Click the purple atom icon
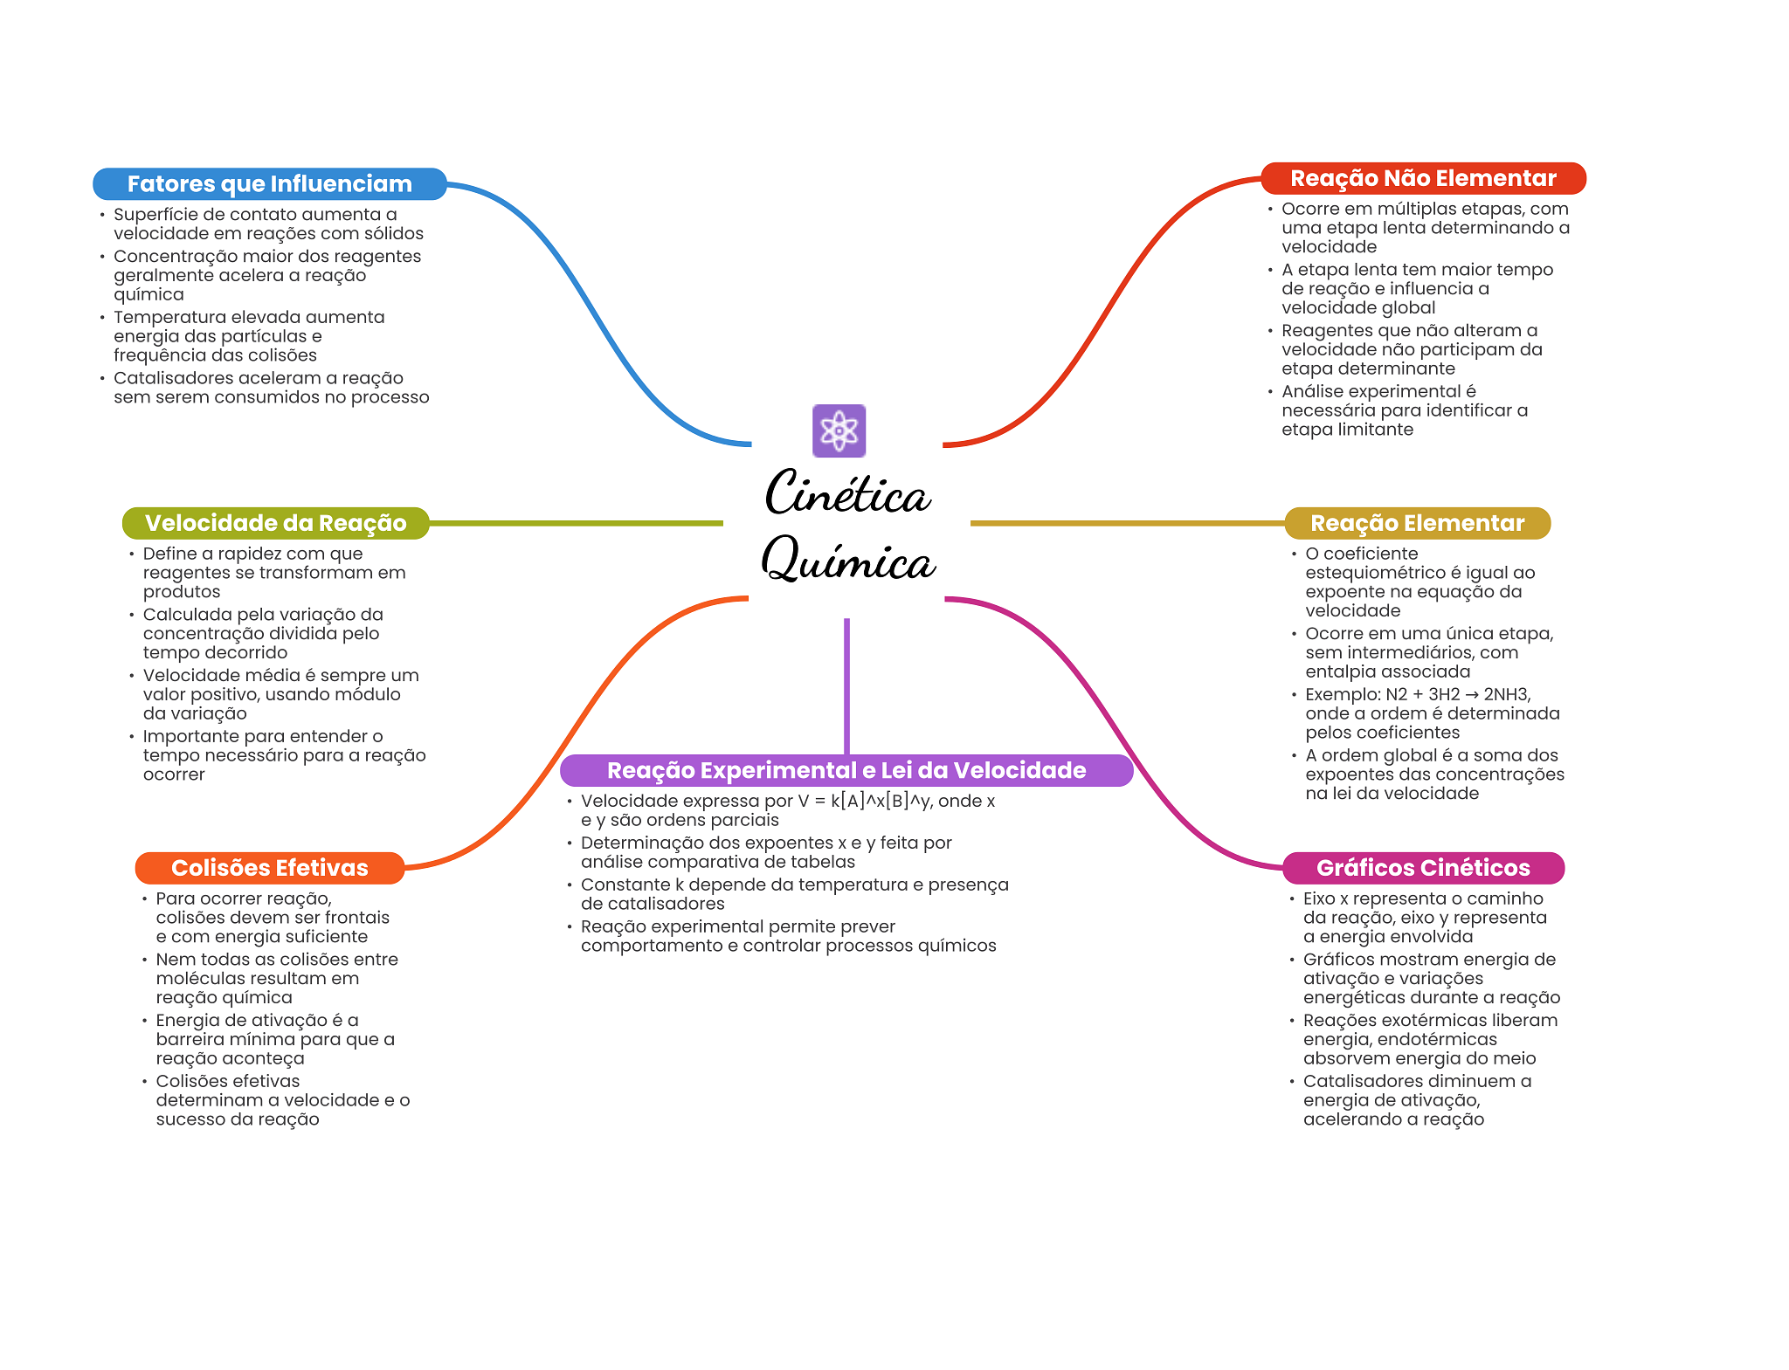pyautogui.click(x=839, y=430)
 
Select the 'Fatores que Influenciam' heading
pyautogui.click(x=270, y=184)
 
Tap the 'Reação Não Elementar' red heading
pyautogui.click(x=1423, y=178)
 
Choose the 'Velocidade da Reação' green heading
pyautogui.click(x=275, y=523)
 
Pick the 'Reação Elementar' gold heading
pyautogui.click(x=1417, y=523)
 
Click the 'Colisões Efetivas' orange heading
pyautogui.click(x=270, y=868)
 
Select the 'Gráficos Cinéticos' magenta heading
pyautogui.click(x=1423, y=868)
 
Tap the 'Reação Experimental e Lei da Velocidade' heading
pyautogui.click(x=846, y=770)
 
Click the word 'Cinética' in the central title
pyautogui.click(x=847, y=493)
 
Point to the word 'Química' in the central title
pyautogui.click(x=848, y=560)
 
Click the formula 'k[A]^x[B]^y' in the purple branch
pyautogui.click(x=881, y=801)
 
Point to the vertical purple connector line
pyautogui.click(x=846, y=686)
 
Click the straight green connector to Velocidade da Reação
pyautogui.click(x=577, y=523)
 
